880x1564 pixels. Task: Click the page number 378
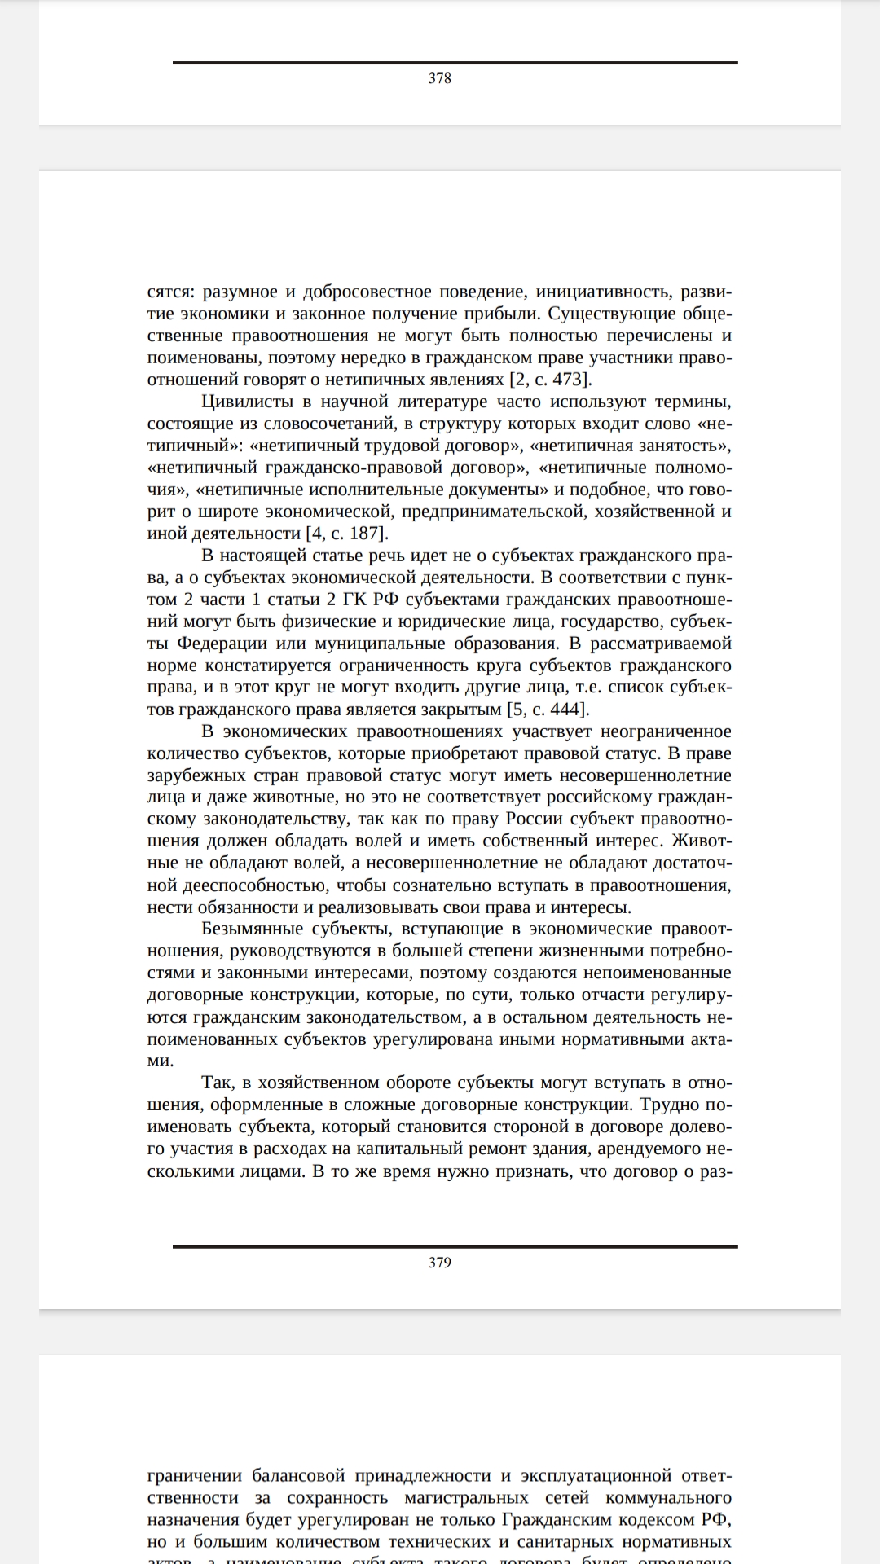[439, 78]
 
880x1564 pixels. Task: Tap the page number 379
[439, 1263]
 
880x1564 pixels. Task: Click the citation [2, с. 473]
[551, 380]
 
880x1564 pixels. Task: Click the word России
[535, 819]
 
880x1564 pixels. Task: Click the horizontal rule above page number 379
[455, 1246]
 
